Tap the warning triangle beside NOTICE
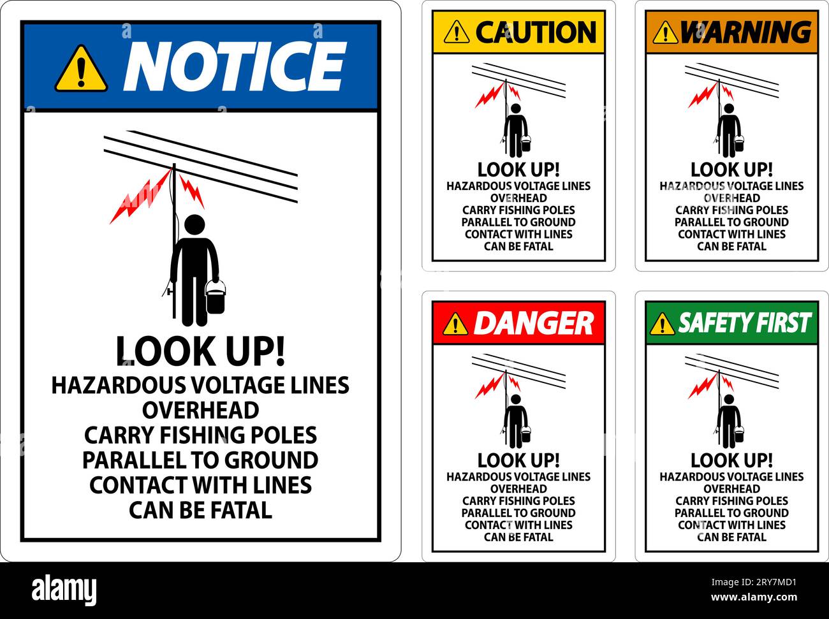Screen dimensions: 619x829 80,68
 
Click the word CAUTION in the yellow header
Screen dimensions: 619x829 536,32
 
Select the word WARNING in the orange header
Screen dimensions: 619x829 745,32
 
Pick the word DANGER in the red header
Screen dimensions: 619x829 533,323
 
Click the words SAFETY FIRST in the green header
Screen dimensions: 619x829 744,323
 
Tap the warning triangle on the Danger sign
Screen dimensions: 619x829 455,324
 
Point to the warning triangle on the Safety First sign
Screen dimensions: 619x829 663,324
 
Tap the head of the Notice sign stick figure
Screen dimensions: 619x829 194,224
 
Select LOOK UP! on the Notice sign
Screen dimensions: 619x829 200,351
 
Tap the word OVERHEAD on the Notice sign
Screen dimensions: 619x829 200,410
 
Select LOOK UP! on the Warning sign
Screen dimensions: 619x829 731,170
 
